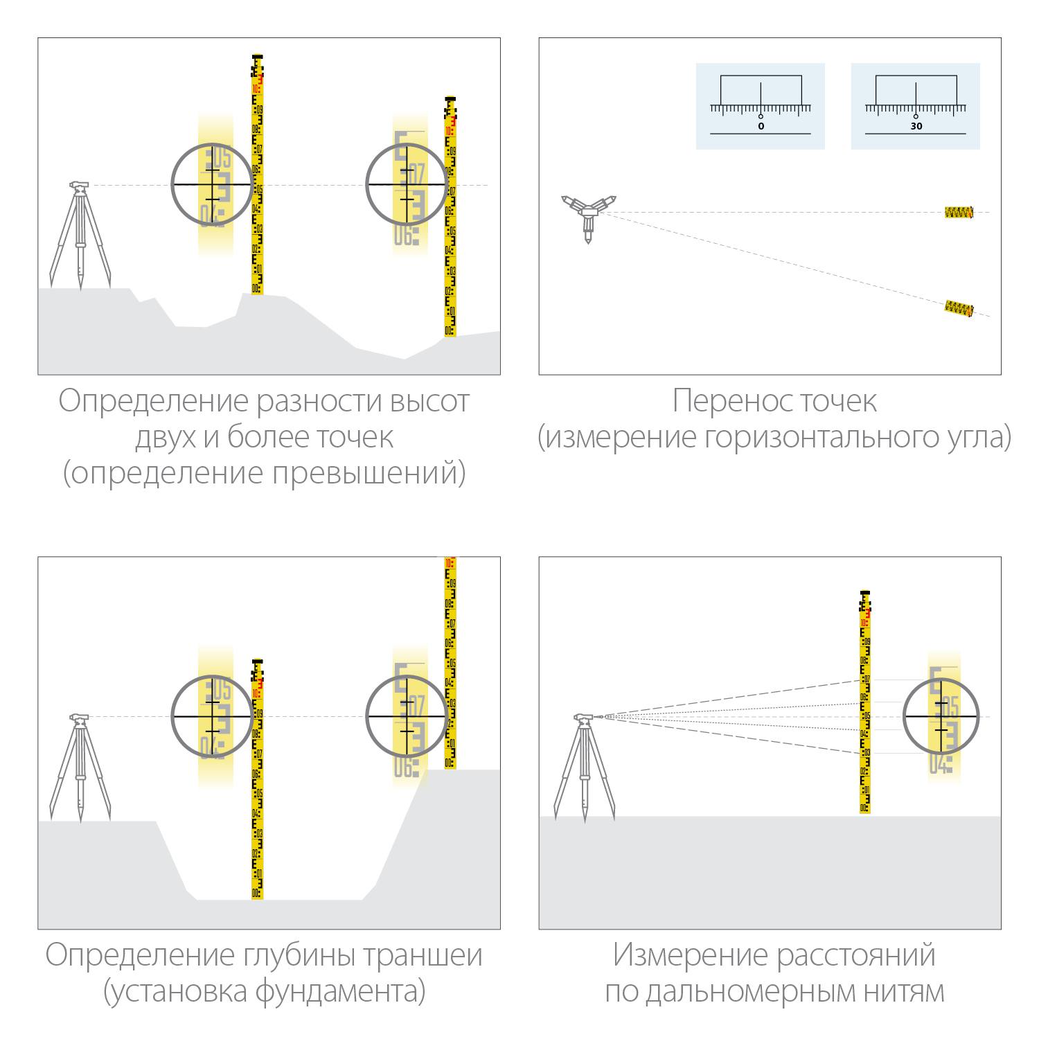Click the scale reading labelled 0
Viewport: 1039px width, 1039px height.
tap(761, 127)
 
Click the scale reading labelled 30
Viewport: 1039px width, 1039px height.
tap(916, 127)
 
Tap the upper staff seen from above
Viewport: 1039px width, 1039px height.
tap(959, 212)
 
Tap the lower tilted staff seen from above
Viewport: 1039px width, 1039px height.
tap(959, 308)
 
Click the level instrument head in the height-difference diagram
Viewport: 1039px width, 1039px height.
tap(79, 186)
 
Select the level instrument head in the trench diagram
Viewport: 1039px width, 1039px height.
tap(79, 718)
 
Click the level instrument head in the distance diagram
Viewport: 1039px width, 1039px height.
tap(583, 718)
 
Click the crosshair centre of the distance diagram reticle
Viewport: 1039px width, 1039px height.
tap(941, 716)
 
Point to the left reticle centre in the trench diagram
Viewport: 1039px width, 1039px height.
tap(211, 716)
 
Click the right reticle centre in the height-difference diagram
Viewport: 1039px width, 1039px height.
tap(406, 184)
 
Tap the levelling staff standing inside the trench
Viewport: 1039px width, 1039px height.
tap(258, 783)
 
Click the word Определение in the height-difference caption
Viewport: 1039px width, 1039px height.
tap(152, 401)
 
